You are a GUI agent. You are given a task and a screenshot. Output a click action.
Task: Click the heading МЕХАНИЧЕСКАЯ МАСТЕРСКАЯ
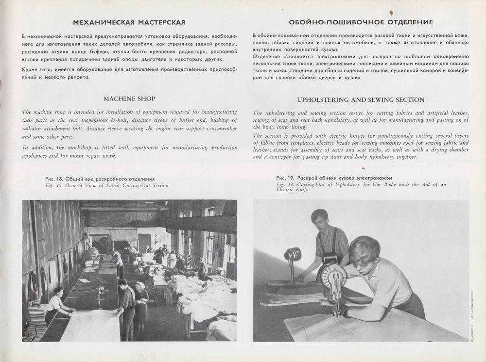tap(129, 22)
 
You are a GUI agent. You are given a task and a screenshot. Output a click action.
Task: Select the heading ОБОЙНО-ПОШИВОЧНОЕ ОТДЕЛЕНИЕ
tap(361, 22)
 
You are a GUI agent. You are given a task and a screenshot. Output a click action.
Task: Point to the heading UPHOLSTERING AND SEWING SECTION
tap(361, 99)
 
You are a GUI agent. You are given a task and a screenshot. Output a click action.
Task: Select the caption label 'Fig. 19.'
tap(283, 185)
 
